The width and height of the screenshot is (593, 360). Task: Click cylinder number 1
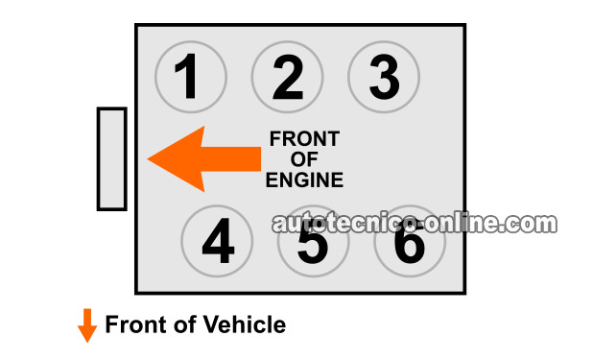coord(191,77)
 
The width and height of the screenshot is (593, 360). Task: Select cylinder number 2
coord(288,77)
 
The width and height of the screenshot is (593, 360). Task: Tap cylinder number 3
coord(384,77)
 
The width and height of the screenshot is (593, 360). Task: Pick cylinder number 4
coord(217,241)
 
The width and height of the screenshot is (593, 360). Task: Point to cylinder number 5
coord(314,241)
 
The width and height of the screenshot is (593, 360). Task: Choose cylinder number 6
coord(410,241)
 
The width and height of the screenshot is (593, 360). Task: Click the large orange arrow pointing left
coord(204,159)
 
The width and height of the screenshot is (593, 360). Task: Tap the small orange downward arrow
coord(87,325)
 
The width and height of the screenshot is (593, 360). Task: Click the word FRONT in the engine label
coord(304,139)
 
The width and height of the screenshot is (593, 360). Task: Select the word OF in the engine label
coord(304,159)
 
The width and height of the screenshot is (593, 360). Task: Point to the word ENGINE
coord(304,180)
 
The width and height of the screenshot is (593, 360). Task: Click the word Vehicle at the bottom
coord(245,324)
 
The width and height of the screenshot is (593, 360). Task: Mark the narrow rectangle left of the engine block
coord(112,159)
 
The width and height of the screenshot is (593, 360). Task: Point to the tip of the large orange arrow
coord(148,159)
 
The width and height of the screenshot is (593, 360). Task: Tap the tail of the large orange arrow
coord(261,159)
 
